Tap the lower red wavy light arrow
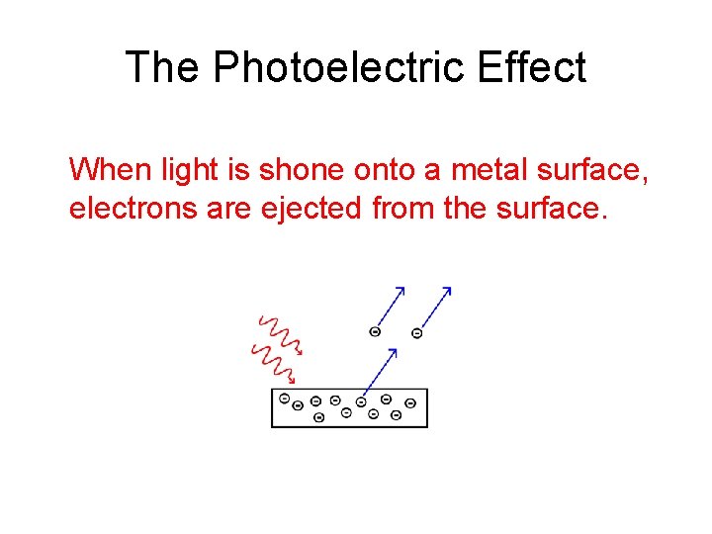[x=273, y=363]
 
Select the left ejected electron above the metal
[x=375, y=332]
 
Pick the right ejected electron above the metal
[x=416, y=334]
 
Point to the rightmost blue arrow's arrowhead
[x=447, y=291]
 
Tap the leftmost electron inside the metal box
[x=285, y=400]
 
